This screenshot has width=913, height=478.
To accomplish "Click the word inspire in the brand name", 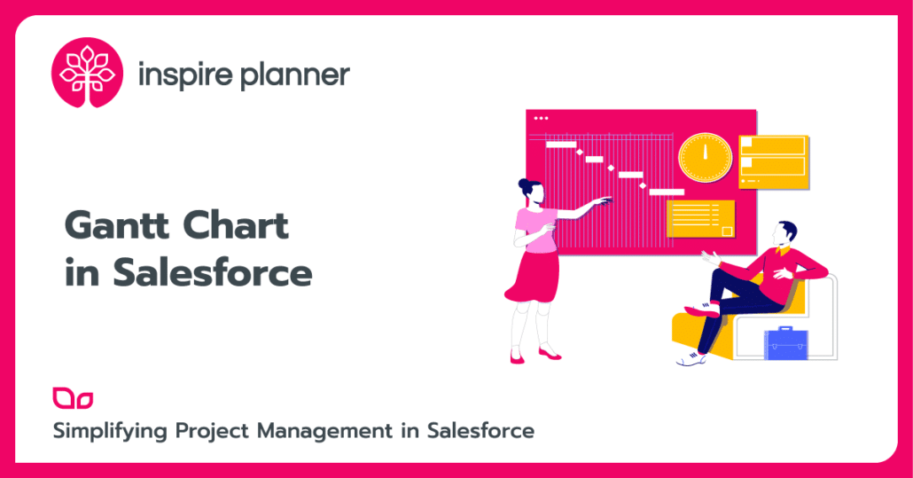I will coord(184,75).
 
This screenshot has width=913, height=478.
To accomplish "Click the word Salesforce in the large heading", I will coord(213,272).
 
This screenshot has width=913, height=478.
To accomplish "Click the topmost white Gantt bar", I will coord(561,144).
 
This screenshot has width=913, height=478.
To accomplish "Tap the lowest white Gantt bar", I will coord(667,191).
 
